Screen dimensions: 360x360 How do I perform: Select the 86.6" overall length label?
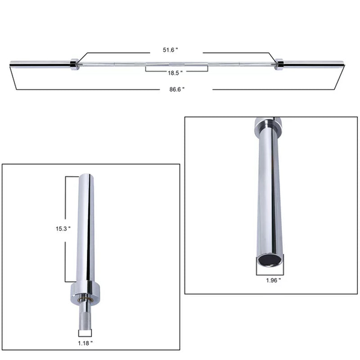click(177, 90)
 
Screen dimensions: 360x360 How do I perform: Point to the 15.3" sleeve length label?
click(63, 229)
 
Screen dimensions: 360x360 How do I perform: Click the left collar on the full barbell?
click(75, 64)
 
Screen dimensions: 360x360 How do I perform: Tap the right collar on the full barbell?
click(279, 64)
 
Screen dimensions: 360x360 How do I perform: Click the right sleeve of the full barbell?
click(313, 64)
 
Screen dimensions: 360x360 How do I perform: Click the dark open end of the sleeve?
click(270, 260)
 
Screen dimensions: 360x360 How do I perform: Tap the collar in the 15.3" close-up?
click(85, 292)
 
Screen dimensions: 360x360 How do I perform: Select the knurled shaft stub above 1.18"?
click(85, 317)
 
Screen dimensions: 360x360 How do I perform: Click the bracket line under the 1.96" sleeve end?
click(270, 274)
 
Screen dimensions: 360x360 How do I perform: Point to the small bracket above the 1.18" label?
click(85, 333)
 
